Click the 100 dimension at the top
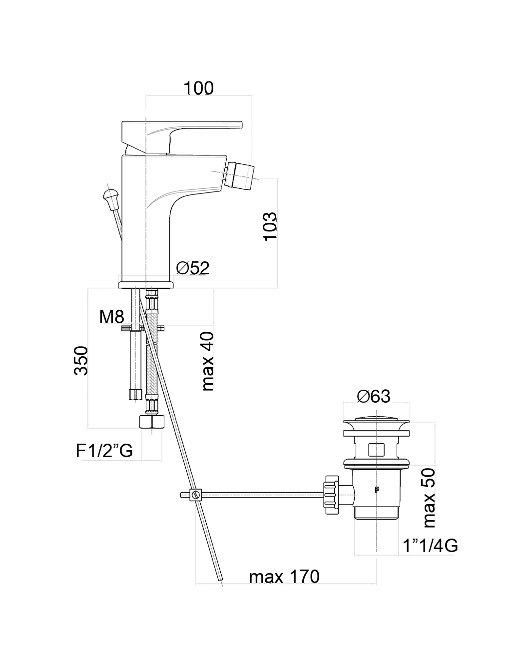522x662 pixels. pos(198,88)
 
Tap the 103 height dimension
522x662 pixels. pos(270,226)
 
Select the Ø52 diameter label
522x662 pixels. pos(192,268)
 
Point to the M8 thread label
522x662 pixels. pos(111,316)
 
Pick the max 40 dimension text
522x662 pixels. pos(207,361)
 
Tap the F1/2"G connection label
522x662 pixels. pos(104,451)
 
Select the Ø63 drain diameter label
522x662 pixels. pos(373,396)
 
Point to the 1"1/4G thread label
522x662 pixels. pos(430,546)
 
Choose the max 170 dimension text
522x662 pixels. pos(284,577)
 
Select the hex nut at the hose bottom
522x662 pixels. pos(151,421)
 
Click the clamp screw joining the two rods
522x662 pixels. pos(196,495)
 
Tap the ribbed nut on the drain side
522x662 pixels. pos(332,495)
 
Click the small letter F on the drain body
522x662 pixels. pos(376,490)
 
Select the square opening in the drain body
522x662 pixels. pos(376,449)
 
